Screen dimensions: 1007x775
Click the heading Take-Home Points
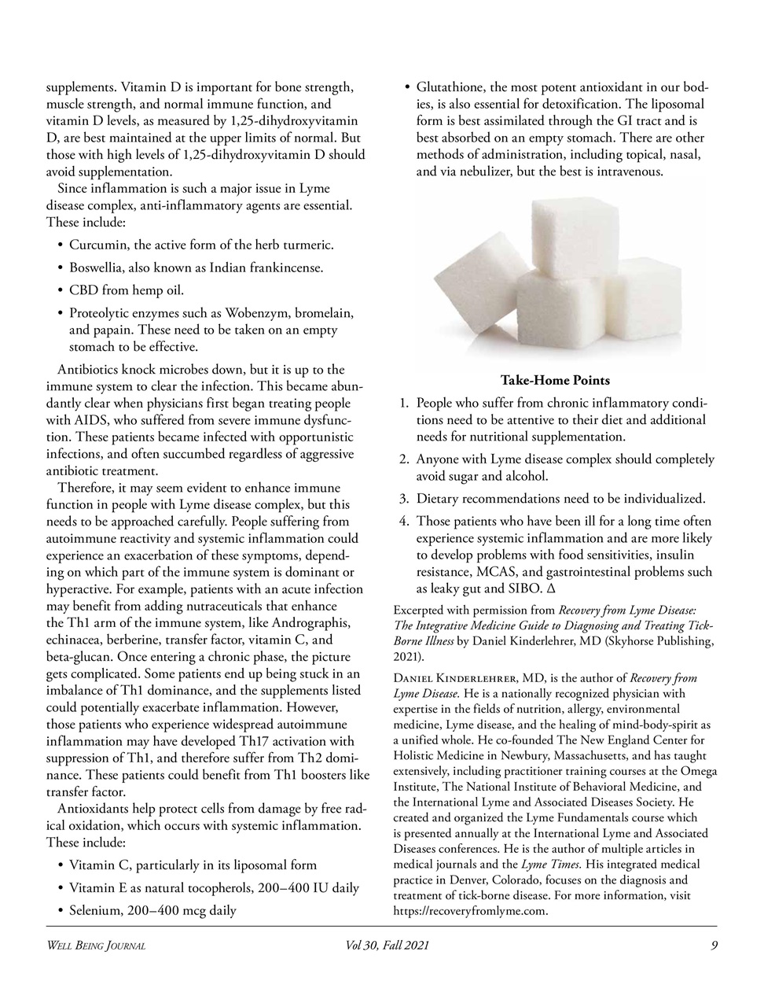click(x=555, y=381)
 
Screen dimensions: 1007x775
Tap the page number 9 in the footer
click(x=714, y=946)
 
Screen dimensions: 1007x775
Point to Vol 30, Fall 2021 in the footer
click(x=387, y=946)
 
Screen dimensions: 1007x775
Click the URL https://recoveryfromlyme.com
click(x=469, y=911)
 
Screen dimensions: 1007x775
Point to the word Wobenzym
click(x=254, y=314)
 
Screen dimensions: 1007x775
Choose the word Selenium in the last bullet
click(x=96, y=911)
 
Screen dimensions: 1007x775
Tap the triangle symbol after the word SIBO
click(x=551, y=589)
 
